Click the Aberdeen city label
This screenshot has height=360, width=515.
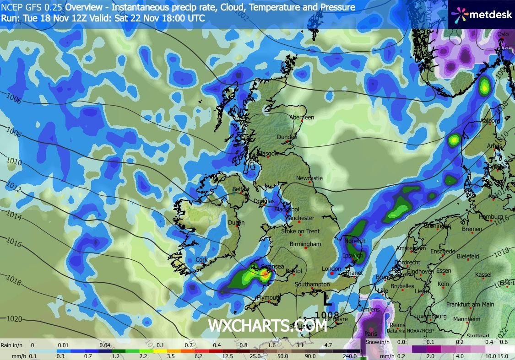(302, 118)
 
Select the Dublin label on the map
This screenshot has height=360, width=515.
(237, 223)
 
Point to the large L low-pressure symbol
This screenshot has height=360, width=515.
(327, 300)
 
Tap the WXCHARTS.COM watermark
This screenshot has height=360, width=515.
(267, 325)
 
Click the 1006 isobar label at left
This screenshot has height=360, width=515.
(14, 98)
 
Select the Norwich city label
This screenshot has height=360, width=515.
(355, 241)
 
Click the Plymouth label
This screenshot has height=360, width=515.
(268, 297)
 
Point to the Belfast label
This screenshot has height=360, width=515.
(241, 189)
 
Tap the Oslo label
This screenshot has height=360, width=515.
(503, 34)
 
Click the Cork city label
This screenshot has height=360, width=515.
(201, 260)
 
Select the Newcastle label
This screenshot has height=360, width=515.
(309, 178)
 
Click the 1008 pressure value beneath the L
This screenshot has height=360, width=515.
(327, 315)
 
